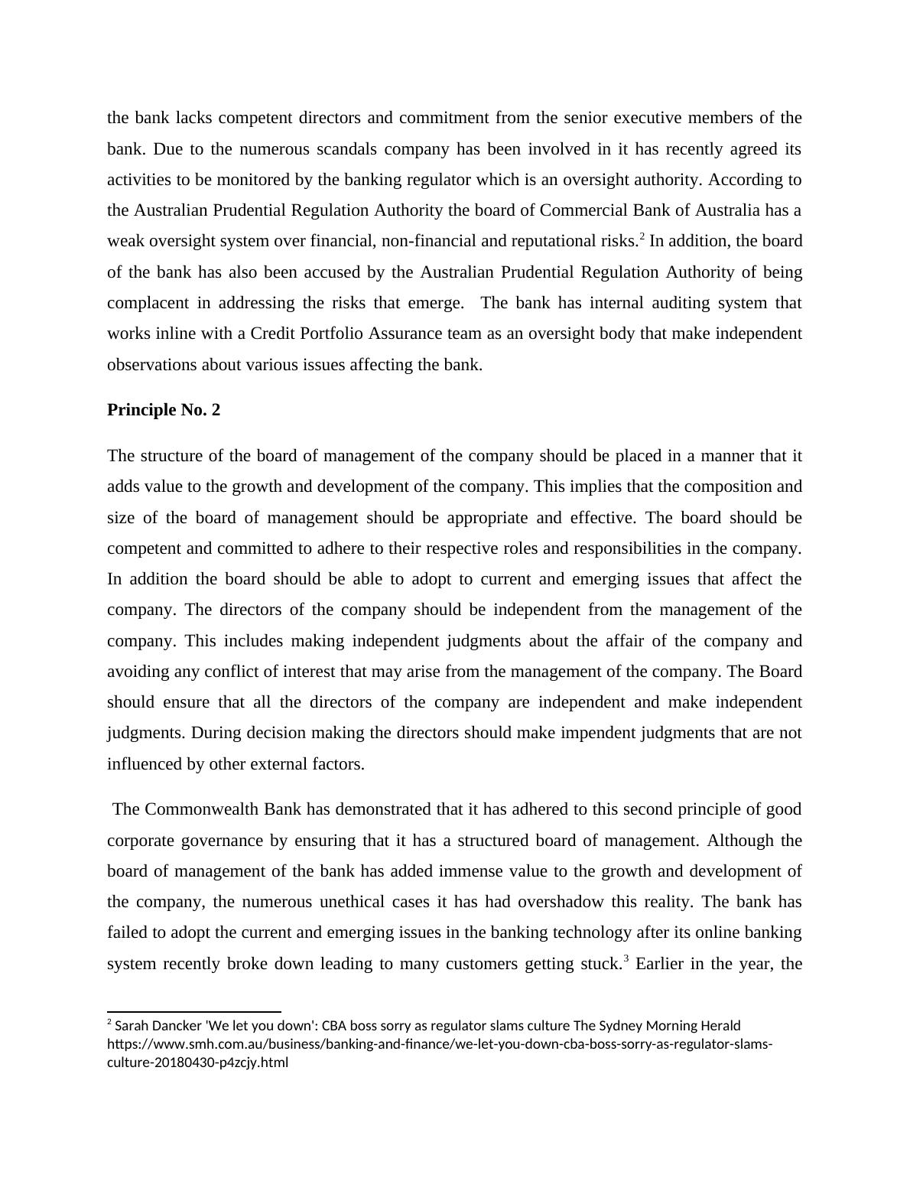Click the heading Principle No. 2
164,410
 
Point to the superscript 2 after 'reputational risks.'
642,236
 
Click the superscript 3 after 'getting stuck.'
626,958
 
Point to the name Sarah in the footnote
130,1026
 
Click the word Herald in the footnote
720,1026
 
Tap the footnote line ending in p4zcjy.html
197,1062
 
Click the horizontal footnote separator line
194,1012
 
